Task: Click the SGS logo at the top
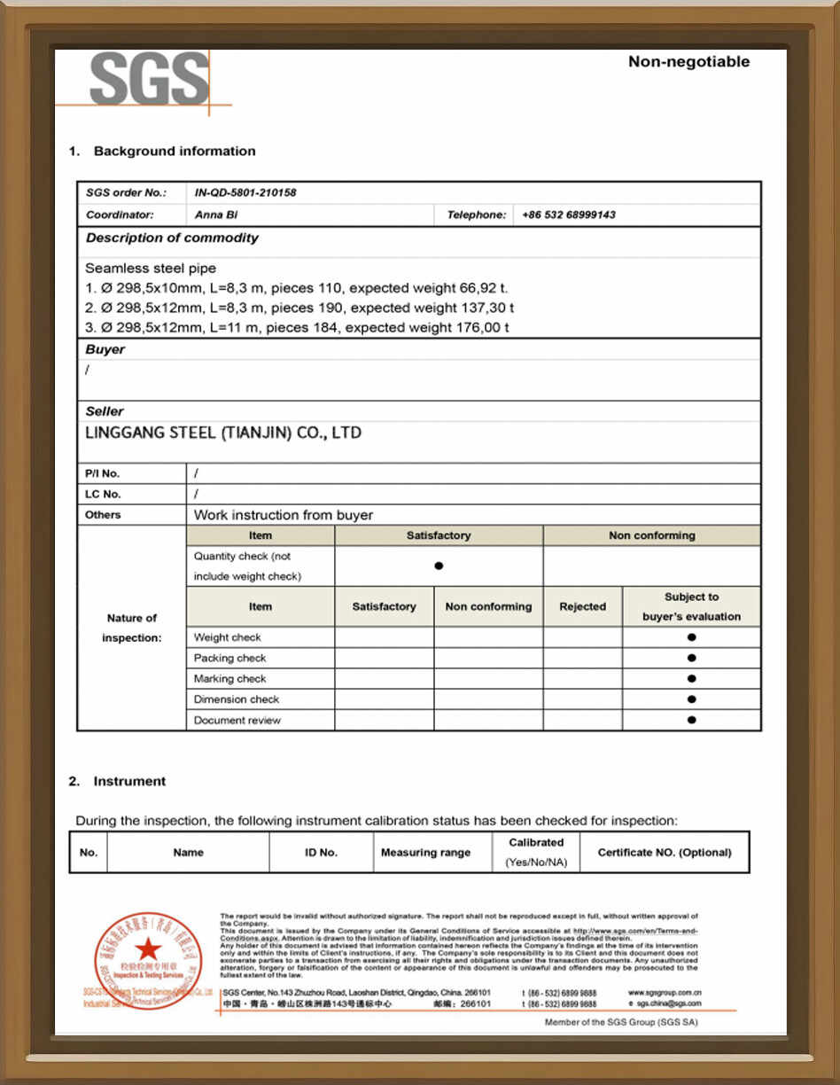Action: [149, 80]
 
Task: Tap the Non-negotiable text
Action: [688, 62]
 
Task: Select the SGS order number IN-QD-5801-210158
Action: [245, 192]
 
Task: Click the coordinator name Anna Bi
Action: [216, 215]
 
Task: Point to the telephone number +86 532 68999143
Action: [569, 215]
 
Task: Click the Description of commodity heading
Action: [172, 238]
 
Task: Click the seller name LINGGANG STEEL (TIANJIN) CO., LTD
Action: [223, 433]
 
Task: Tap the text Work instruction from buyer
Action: [284, 515]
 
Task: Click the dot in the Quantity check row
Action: [439, 566]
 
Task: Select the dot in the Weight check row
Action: [691, 637]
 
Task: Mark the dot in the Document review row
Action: [691, 720]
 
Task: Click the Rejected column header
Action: [582, 607]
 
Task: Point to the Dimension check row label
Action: [229, 699]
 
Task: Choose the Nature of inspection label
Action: [131, 628]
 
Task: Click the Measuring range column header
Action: [425, 853]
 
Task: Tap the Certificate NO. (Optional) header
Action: [665, 853]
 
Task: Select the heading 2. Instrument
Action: [117, 781]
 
